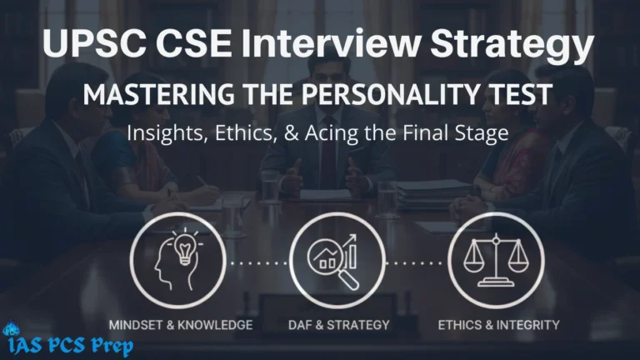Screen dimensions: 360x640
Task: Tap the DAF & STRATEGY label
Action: click(337, 323)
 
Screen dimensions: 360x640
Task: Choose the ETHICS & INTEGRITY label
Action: click(498, 323)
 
